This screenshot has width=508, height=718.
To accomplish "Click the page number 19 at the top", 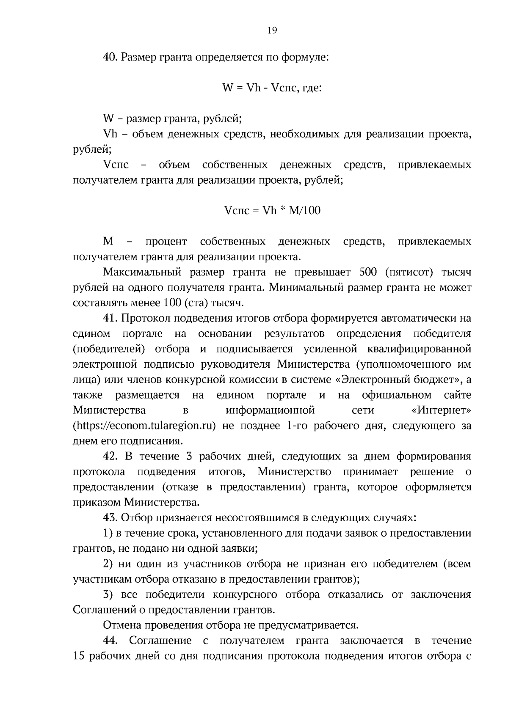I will (272, 30).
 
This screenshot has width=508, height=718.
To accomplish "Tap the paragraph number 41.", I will (111, 318).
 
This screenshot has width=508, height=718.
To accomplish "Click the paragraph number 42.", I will (111, 457).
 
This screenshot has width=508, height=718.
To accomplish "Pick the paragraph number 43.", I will (111, 518).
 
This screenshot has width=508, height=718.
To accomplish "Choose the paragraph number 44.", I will (111, 641).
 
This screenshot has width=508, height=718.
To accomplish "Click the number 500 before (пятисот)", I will (368, 272).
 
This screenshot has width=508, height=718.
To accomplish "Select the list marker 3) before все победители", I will (108, 594).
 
